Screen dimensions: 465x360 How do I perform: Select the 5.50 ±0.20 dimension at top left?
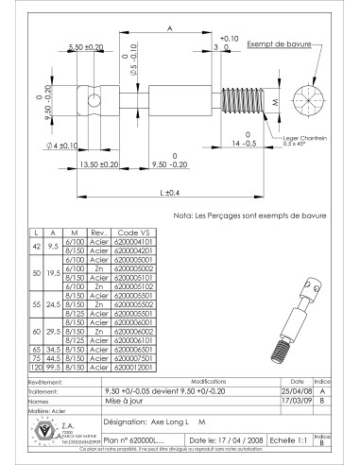pyautogui.click(x=87, y=46)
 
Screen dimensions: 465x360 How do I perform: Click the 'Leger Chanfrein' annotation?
pyautogui.click(x=304, y=138)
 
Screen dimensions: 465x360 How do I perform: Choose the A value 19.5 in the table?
pyautogui.click(x=55, y=273)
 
